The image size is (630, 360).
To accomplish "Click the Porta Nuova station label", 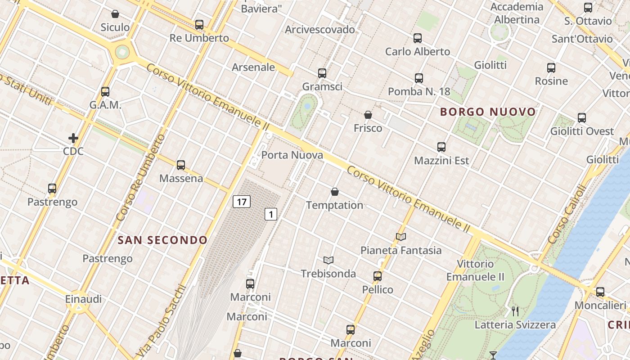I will [292, 155].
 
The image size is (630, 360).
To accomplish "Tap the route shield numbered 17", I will [242, 202].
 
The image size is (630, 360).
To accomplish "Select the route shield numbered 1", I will [270, 214].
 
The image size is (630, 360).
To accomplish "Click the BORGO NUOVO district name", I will [488, 112].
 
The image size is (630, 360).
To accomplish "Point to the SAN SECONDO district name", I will [162, 240].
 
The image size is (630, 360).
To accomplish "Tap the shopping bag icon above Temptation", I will [335, 192].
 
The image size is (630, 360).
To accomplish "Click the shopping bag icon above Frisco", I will [368, 115].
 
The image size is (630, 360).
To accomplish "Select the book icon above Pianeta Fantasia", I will [401, 237].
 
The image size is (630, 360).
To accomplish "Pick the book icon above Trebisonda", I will [328, 260].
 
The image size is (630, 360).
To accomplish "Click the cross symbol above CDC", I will [73, 138].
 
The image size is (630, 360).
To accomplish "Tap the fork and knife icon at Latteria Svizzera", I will [515, 311].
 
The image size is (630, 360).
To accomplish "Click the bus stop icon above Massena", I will [181, 165].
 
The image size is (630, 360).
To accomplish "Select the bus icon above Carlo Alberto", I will [418, 38].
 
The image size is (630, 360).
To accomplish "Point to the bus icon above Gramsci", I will [322, 73].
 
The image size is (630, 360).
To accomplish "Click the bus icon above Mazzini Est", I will [441, 147].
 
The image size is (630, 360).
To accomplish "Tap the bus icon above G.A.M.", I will [105, 92].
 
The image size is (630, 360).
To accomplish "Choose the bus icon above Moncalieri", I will [600, 292].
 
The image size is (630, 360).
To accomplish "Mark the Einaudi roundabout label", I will [83, 299].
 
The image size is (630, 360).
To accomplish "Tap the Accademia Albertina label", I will [517, 13].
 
